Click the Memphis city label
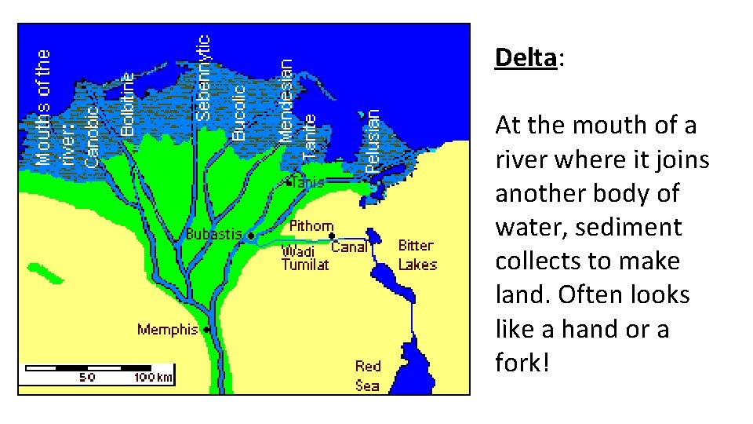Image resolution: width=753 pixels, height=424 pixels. pyautogui.click(x=167, y=329)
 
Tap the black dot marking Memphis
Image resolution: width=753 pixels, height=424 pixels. pyautogui.click(x=206, y=330)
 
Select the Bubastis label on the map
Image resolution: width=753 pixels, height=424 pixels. pyautogui.click(x=213, y=234)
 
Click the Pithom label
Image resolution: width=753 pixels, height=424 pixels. pyautogui.click(x=311, y=226)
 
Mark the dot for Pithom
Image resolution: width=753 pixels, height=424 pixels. pyautogui.click(x=332, y=236)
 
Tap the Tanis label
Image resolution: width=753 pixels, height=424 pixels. pyautogui.click(x=307, y=182)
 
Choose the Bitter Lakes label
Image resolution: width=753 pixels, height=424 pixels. pyautogui.click(x=417, y=255)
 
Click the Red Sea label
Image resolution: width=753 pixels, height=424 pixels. pyautogui.click(x=368, y=375)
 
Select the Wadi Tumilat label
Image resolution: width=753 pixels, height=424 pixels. pyautogui.click(x=304, y=258)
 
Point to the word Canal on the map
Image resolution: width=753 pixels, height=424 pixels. pyautogui.click(x=349, y=247)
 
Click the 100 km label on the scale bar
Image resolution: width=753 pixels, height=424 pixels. pyautogui.click(x=153, y=378)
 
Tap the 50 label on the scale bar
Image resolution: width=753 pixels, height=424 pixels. pyautogui.click(x=86, y=378)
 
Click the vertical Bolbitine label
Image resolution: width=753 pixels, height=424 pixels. pyautogui.click(x=129, y=104)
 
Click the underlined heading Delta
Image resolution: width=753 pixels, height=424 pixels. pyautogui.click(x=526, y=57)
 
